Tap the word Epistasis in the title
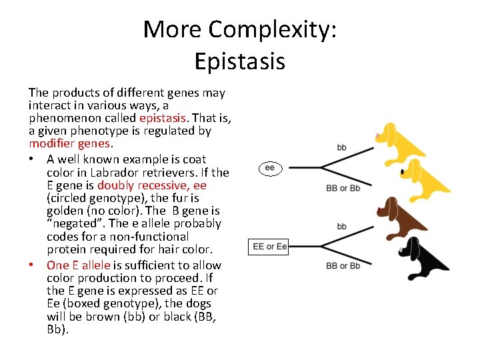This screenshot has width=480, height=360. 240,61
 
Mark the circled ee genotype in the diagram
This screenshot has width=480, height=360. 269,168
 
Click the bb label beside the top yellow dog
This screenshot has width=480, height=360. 341,147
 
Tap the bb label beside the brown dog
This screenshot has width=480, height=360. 341,227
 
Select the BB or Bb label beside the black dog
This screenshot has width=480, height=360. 343,266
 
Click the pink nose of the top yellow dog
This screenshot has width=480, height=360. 377,136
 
